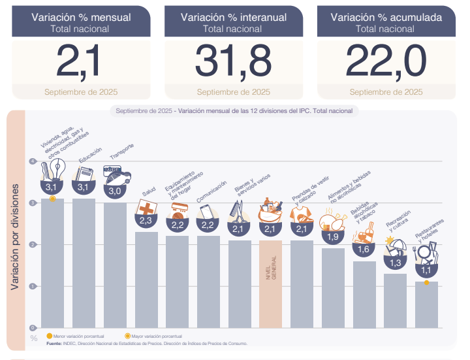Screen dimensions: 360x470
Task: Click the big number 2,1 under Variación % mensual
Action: point(80,61)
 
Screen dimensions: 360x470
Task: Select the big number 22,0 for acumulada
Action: point(386,61)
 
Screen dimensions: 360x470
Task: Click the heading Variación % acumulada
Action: point(386,18)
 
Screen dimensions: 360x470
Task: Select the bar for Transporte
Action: point(115,265)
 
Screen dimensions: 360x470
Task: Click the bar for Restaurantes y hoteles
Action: point(426,304)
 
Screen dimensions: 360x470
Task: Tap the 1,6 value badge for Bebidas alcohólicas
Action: point(364,250)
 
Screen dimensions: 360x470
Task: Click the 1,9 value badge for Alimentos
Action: point(332,237)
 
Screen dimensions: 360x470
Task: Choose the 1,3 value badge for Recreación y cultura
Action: point(395,263)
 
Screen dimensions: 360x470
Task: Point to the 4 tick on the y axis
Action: point(33,161)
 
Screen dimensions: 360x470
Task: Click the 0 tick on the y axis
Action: point(33,328)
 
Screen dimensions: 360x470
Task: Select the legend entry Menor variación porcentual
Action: point(74,335)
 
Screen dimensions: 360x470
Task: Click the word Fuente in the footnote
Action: point(54,342)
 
